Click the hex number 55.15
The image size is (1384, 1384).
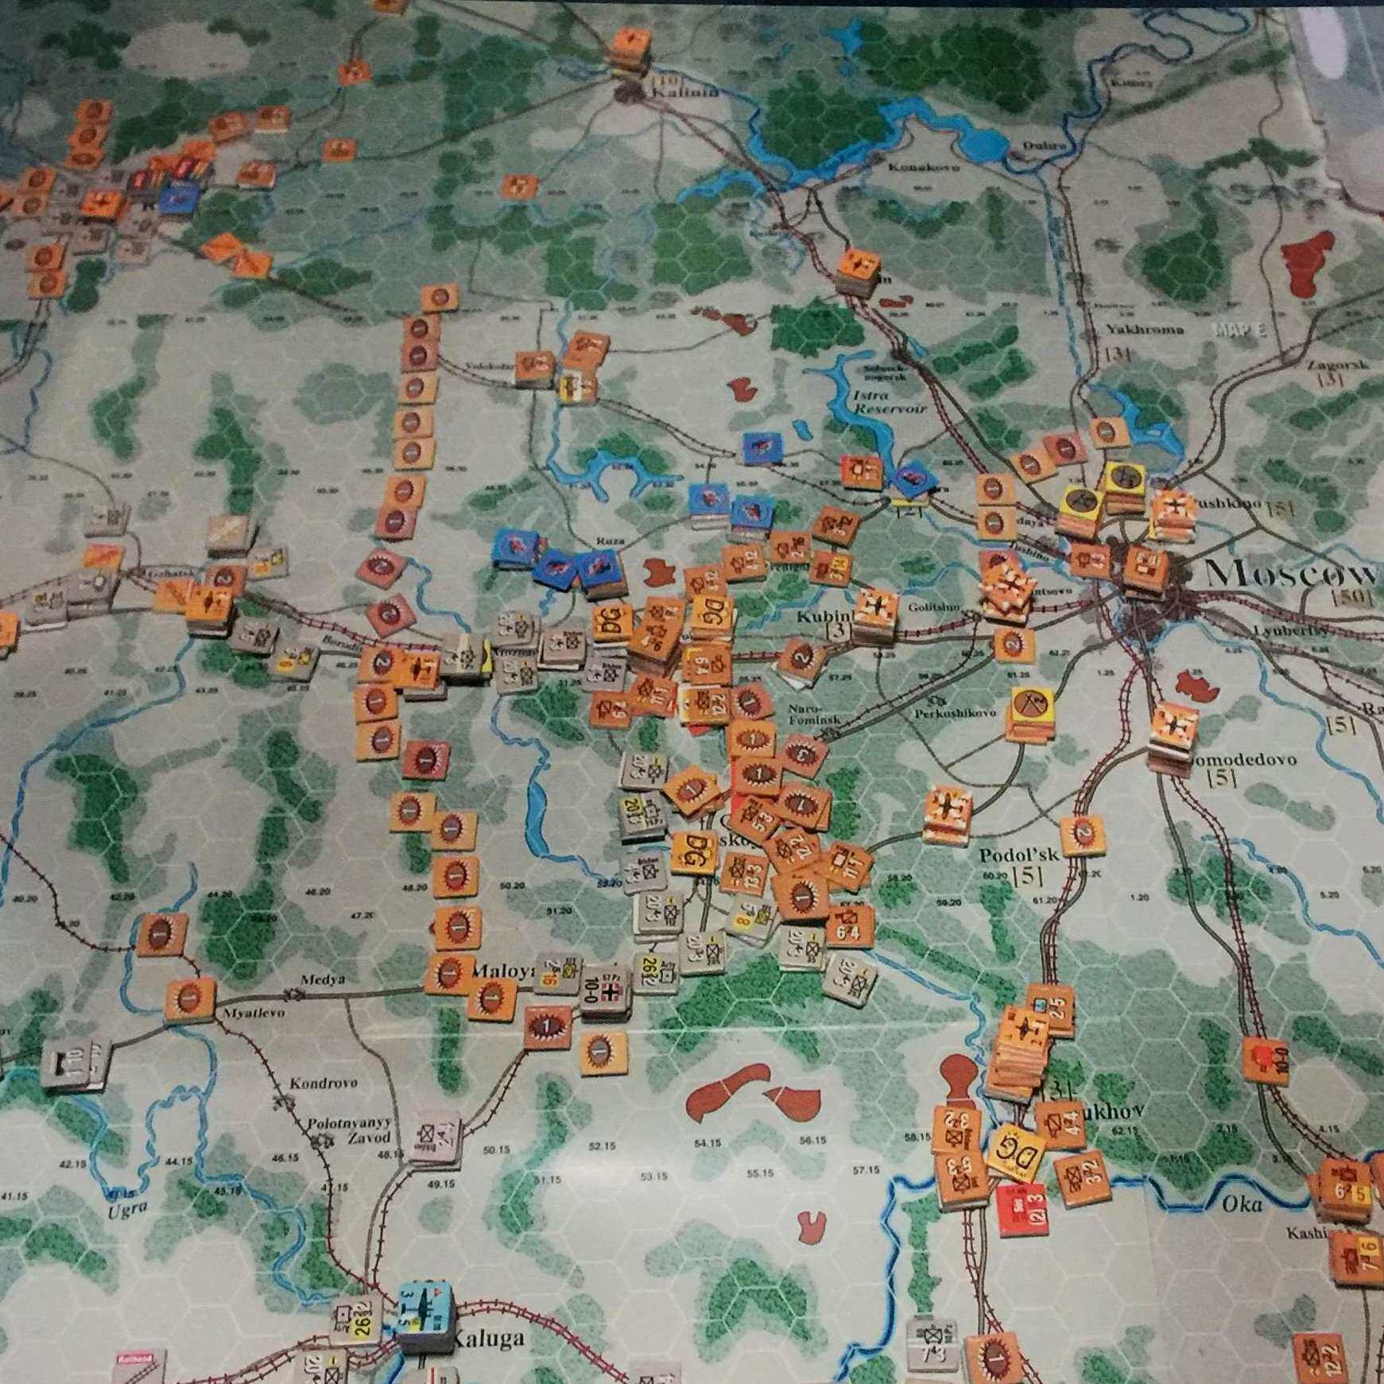coord(760,1172)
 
